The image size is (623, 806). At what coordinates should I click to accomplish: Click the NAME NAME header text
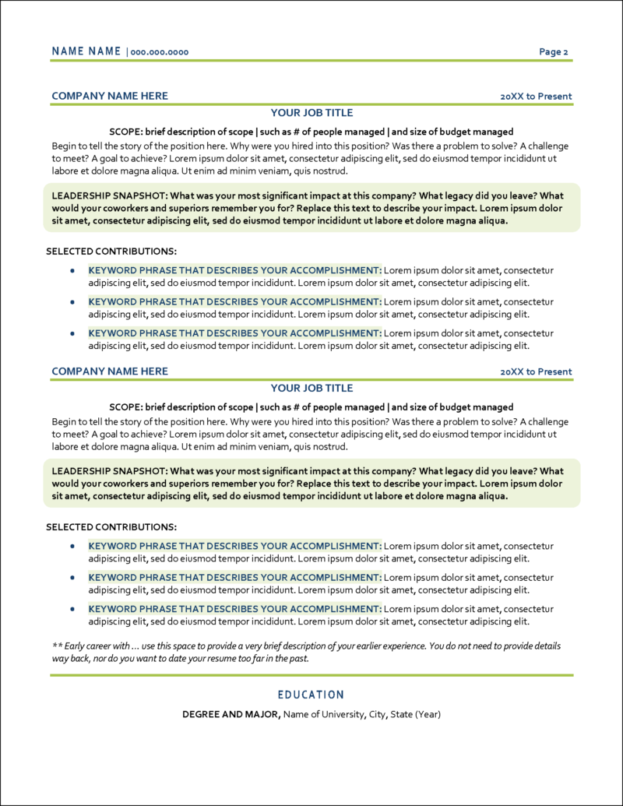coord(86,51)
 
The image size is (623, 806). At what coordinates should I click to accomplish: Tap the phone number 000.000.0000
coord(160,52)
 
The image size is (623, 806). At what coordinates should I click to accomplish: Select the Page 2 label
coord(554,52)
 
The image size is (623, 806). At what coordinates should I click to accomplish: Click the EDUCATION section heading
coord(311,695)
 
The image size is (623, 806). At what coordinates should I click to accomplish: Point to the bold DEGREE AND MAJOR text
coord(231,714)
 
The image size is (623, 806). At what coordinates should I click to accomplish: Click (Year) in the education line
coord(428,714)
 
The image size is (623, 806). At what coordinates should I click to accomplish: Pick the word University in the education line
coord(340,714)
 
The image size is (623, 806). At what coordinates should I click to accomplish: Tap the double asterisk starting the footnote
coord(57,646)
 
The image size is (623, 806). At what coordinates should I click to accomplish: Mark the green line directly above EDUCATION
coord(311,675)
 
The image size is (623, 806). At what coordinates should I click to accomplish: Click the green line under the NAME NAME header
coord(311,60)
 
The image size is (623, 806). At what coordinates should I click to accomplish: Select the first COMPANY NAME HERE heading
coord(110,96)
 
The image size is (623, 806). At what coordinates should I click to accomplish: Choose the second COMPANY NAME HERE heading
coord(110,371)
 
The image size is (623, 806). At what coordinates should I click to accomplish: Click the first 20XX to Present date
coord(536,97)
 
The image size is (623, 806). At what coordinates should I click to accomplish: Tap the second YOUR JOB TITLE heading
coord(311,388)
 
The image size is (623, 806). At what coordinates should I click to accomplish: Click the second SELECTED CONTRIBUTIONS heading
coord(111,527)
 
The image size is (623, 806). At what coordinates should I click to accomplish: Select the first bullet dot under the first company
coord(72,270)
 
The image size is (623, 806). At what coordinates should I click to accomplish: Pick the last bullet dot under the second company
coord(72,608)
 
